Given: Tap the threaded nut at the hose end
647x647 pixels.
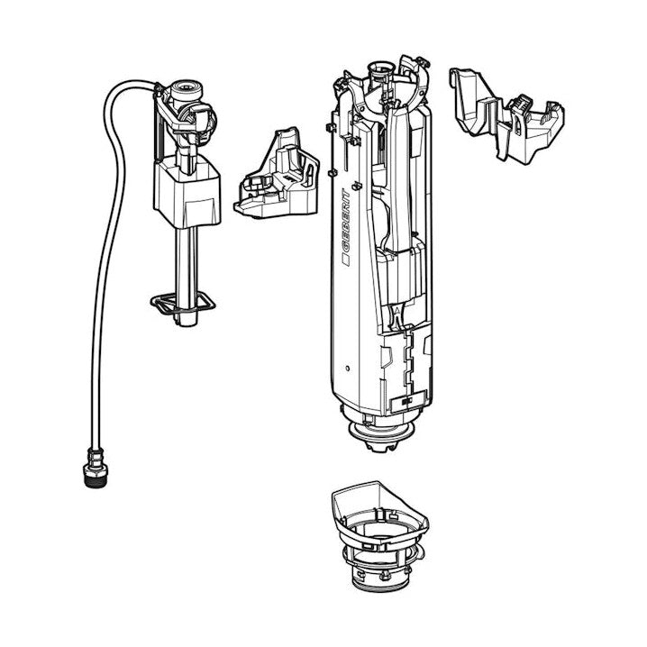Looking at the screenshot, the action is pos(96,469).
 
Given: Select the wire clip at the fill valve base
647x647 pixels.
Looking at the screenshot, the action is pos(182,305).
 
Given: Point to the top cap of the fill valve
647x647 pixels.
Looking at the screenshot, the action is pos(186,88).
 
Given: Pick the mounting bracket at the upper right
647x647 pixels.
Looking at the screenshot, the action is pos(506,114).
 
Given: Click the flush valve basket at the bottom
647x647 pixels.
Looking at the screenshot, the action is pos(379,536).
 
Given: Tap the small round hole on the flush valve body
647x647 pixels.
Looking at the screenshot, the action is pos(347,368).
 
